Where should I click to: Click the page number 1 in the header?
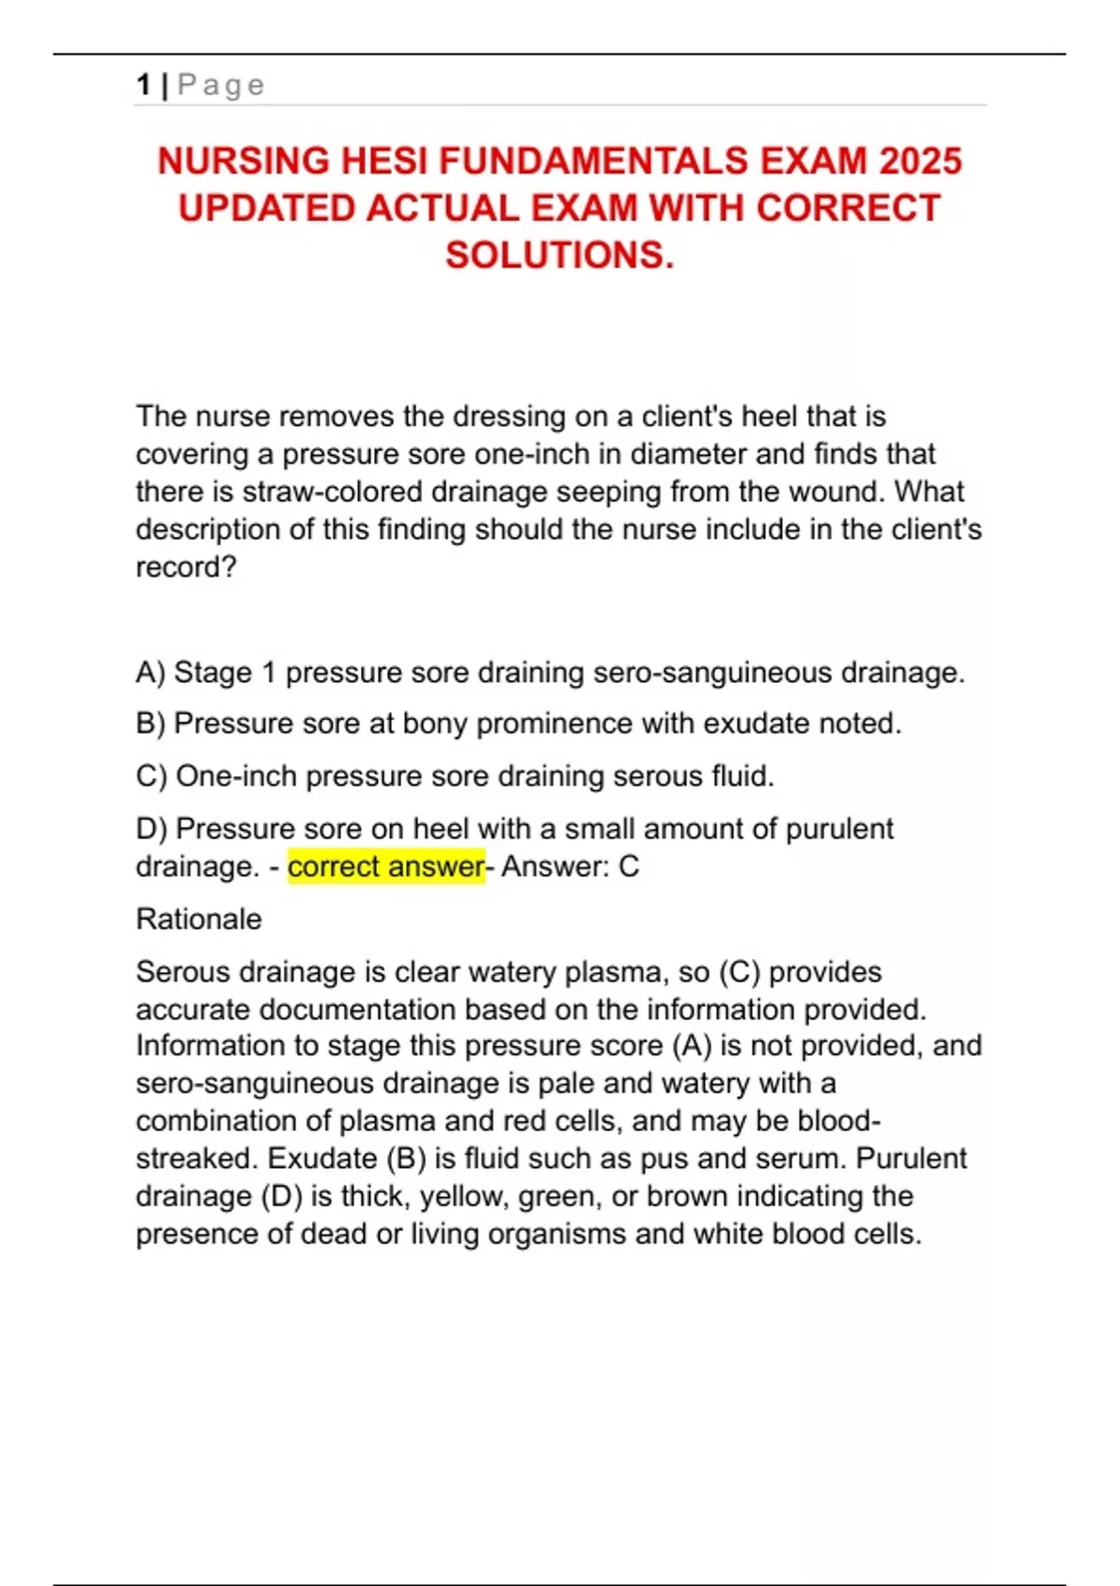144,85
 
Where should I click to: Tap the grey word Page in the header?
221,85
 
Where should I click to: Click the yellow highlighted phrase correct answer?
385,866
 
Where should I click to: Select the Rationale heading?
199,919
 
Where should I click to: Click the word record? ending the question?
187,567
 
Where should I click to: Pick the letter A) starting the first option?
150,672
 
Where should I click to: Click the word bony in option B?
435,723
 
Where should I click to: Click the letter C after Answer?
629,866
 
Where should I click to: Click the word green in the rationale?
559,1196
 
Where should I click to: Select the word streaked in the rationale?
196,1158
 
